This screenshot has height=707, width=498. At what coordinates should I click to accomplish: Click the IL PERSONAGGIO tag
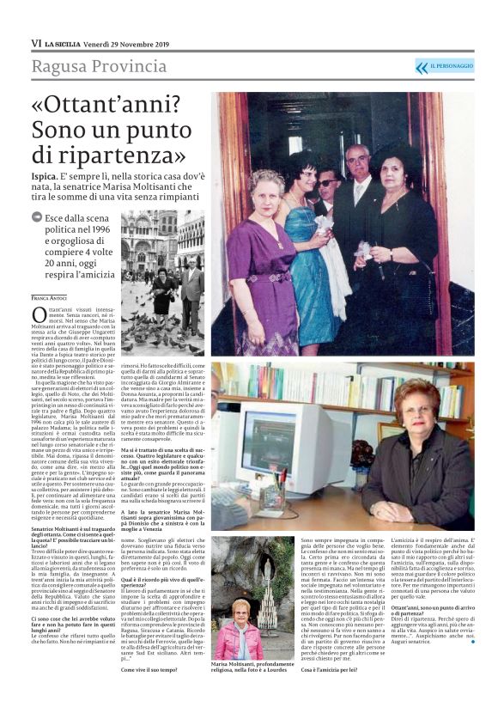coord(452,66)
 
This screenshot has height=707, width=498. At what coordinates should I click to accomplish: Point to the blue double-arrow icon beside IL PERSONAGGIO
coord(421,66)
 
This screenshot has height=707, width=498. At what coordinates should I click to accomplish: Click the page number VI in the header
coord(36,43)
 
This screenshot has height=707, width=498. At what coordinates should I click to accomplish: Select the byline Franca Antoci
coord(50,297)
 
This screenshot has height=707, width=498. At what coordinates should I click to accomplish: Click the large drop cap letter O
coord(38,315)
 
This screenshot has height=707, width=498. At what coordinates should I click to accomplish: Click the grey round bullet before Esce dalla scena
coord(38,217)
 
